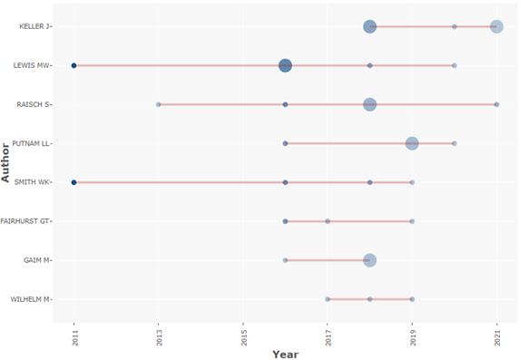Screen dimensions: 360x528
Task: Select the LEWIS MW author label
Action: click(x=33, y=65)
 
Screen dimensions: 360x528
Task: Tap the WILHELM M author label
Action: click(x=31, y=299)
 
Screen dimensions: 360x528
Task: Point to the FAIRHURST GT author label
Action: click(x=26, y=221)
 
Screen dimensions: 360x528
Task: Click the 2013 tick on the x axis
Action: click(x=158, y=333)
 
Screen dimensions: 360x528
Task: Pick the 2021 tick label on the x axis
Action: click(x=496, y=333)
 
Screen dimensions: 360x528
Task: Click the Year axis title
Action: click(x=285, y=354)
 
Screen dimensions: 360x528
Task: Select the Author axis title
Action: click(x=7, y=161)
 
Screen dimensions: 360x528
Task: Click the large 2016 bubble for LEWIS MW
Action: click(x=285, y=65)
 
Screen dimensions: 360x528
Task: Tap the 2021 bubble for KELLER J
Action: click(x=496, y=26)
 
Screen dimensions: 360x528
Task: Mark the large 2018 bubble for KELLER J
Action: click(x=369, y=26)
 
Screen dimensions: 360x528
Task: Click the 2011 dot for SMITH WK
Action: click(x=73, y=182)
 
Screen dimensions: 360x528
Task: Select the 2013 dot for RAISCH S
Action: click(x=158, y=104)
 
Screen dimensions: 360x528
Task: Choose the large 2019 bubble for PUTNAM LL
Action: click(x=412, y=143)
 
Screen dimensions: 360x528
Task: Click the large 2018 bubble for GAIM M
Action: click(x=369, y=260)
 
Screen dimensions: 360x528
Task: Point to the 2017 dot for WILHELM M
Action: click(x=328, y=299)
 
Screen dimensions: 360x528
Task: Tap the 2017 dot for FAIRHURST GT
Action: click(x=328, y=221)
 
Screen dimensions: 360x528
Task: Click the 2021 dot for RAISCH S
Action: click(x=496, y=104)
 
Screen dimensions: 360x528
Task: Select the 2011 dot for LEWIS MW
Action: click(x=73, y=65)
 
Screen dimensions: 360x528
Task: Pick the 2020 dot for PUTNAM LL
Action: click(x=455, y=143)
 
